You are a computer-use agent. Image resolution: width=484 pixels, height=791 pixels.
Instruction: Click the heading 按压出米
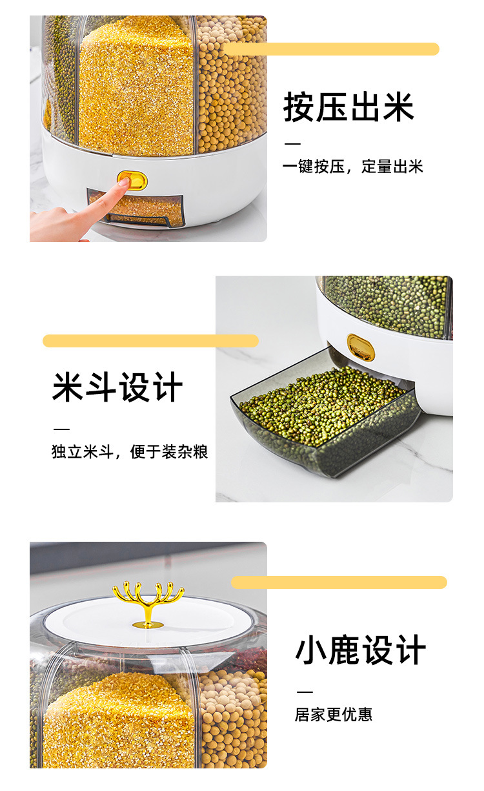click(x=348, y=107)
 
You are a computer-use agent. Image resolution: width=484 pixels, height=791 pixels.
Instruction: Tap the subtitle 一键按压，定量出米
click(x=353, y=167)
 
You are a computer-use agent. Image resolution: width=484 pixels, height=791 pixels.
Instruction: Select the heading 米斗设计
click(x=117, y=387)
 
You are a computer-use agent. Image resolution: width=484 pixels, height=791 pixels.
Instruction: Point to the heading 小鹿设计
click(x=361, y=650)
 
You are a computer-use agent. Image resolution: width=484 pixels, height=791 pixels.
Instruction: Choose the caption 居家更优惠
click(x=334, y=715)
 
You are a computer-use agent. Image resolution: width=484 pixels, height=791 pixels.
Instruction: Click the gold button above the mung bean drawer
click(x=360, y=347)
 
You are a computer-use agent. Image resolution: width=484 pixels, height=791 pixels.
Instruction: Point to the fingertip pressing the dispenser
click(x=121, y=184)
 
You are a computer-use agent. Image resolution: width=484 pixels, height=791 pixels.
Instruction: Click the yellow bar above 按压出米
click(x=331, y=49)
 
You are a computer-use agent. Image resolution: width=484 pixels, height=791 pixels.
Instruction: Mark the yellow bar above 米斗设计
click(x=150, y=341)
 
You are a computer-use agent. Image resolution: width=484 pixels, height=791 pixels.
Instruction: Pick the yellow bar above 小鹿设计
click(x=339, y=582)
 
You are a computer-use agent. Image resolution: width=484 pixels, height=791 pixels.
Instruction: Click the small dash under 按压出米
click(x=292, y=144)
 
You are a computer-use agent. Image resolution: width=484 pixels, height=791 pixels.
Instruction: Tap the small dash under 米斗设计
click(x=61, y=429)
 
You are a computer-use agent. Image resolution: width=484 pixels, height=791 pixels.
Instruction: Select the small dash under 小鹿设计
click(x=304, y=692)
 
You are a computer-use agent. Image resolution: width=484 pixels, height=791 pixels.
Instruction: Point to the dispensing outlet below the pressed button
click(x=137, y=209)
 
